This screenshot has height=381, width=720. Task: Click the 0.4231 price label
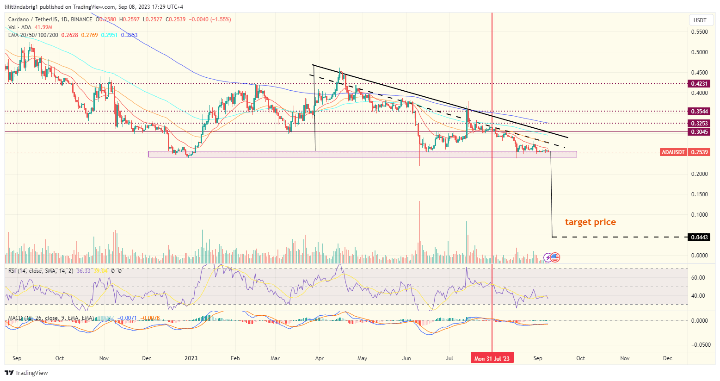[x=699, y=84]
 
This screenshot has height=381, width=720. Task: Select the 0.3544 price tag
[x=699, y=112]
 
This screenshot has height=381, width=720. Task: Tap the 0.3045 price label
[x=699, y=132]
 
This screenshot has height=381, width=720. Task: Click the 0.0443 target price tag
[x=699, y=237]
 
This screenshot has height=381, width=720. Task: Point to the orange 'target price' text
[x=590, y=222]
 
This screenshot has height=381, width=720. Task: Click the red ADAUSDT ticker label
[x=674, y=152]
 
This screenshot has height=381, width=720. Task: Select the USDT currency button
[x=700, y=20]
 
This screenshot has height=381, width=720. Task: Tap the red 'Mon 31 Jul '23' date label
[x=492, y=358]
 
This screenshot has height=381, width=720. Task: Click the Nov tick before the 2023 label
[x=104, y=358]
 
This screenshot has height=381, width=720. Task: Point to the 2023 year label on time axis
[x=191, y=358]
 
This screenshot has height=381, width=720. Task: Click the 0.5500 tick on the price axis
[x=699, y=32]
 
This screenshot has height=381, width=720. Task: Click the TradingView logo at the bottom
[x=26, y=373]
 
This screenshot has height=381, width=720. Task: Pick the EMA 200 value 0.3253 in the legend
[x=129, y=35]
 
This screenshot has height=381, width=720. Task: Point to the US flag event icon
[x=555, y=257]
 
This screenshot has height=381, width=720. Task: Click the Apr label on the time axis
[x=319, y=358]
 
